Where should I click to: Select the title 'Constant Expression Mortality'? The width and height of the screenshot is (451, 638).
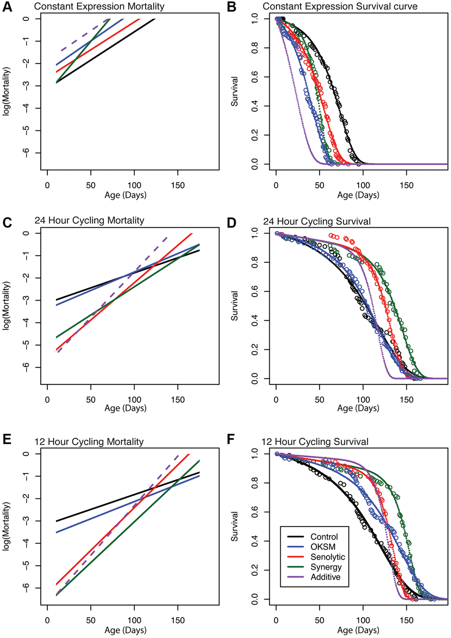pyautogui.click(x=99, y=7)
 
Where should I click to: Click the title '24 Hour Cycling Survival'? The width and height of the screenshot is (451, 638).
pyautogui.click(x=317, y=221)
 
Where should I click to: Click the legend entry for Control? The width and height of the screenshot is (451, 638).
pyautogui.click(x=324, y=537)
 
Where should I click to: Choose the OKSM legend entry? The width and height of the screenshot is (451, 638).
pyautogui.click(x=323, y=547)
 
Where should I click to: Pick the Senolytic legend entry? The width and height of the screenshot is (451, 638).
pyautogui.click(x=327, y=557)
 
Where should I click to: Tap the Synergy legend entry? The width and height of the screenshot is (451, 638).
pyautogui.click(x=326, y=567)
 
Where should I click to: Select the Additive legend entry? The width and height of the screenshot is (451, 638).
pyautogui.click(x=325, y=577)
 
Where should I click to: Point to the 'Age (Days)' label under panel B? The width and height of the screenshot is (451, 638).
pyautogui.click(x=358, y=195)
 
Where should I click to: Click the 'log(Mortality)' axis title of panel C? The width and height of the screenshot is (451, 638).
pyautogui.click(x=7, y=305)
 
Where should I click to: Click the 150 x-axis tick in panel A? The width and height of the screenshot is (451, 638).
pyautogui.click(x=178, y=185)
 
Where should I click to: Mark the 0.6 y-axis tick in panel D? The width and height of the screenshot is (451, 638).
pyautogui.click(x=254, y=292)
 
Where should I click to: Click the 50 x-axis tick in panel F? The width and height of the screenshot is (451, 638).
pyautogui.click(x=320, y=620)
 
